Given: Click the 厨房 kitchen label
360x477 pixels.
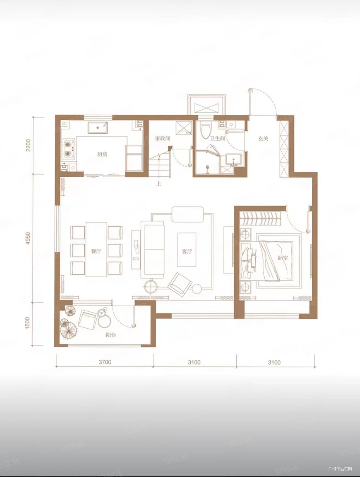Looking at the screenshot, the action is [102, 154].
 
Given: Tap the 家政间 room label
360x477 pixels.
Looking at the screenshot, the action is [162, 138].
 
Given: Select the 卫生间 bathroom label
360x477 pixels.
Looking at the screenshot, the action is [217, 138].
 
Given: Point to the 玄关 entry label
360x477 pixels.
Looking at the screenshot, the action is [263, 138].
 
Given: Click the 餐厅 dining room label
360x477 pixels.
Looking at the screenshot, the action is [96, 251].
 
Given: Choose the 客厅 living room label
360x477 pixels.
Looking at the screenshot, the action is [187, 251].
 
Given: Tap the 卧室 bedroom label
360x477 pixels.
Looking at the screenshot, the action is [283, 258].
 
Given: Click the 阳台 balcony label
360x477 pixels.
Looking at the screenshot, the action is [111, 335].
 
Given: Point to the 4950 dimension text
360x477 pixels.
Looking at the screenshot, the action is [28, 238].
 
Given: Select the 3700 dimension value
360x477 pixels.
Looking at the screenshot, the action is [105, 362].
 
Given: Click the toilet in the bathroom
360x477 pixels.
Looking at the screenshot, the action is [205, 130].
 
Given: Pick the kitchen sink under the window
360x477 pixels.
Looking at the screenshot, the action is [98, 128].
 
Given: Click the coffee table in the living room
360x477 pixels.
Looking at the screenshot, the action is [187, 250].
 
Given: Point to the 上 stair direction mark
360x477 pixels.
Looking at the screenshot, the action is [159, 184].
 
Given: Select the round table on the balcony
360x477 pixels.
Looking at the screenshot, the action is [104, 321].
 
